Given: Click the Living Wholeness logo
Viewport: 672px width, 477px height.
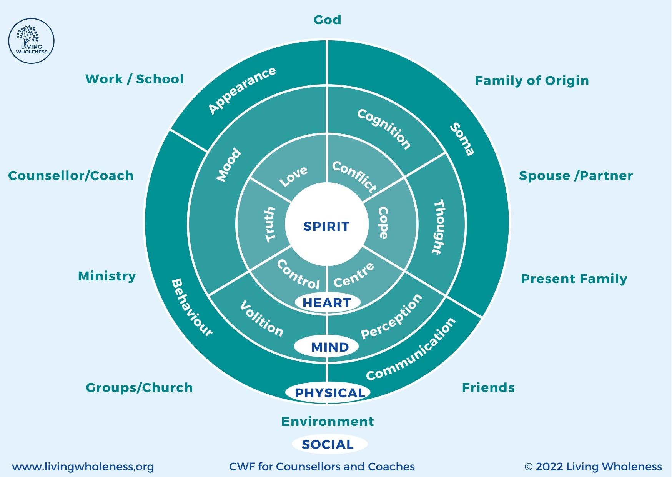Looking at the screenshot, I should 31,41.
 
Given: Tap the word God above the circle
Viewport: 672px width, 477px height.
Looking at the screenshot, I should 327,20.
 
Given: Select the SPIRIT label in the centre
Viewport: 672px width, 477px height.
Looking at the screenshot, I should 326,226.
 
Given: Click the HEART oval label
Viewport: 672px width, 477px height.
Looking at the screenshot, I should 327,302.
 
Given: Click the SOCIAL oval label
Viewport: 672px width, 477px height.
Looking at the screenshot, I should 328,444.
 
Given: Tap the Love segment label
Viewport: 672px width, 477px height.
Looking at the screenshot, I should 293,177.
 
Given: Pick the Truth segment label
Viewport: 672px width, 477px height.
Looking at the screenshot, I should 271,225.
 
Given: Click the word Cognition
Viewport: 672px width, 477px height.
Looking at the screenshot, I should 384,129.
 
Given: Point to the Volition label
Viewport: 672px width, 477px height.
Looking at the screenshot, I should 261,319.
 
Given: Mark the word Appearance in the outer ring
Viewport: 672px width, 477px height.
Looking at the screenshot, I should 242,90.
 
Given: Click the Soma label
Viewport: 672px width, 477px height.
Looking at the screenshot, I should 462,139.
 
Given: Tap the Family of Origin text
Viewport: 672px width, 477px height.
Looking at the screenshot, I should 532,81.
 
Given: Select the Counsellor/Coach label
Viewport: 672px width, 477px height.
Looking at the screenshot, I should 71,176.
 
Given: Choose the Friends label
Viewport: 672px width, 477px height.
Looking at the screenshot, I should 488,387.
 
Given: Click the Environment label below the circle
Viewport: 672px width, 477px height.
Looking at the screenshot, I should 328,422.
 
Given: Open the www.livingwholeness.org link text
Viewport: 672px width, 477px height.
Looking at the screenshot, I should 83,467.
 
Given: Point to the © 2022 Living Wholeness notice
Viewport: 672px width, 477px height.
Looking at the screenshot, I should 593,467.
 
